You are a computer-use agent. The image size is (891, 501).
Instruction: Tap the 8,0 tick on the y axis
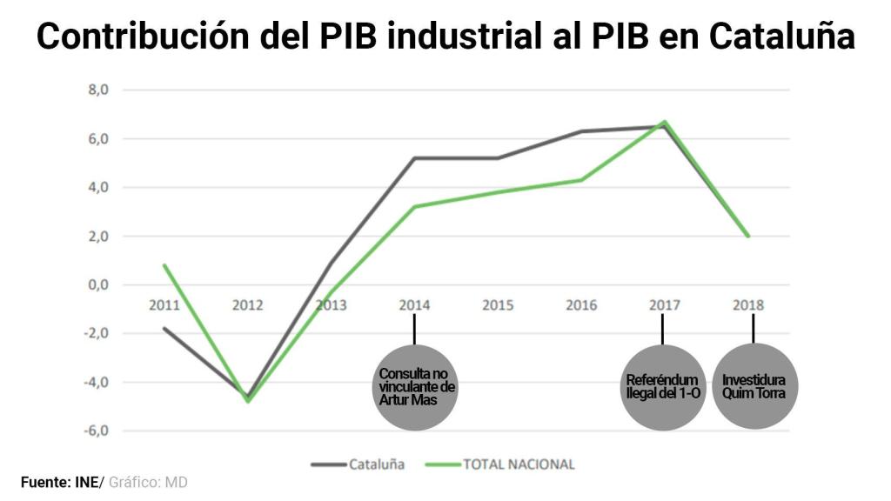pyautogui.click(x=97, y=90)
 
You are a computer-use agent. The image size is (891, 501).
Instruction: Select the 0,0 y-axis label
pyautogui.click(x=97, y=284)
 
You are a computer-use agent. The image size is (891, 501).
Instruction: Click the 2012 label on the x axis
pyautogui.click(x=247, y=305)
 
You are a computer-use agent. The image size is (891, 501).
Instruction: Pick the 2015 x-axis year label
pyautogui.click(x=498, y=305)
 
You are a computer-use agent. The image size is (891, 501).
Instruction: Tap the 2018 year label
pyautogui.click(x=748, y=305)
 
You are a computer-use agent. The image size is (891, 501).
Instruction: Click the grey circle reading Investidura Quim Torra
pyautogui.click(x=754, y=387)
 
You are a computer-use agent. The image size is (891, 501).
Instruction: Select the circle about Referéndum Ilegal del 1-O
pyautogui.click(x=663, y=387)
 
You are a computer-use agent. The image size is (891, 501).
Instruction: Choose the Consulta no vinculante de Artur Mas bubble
pyautogui.click(x=415, y=386)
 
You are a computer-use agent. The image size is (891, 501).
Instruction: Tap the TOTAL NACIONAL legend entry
pyautogui.click(x=519, y=464)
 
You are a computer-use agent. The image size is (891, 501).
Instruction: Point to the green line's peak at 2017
pyautogui.click(x=664, y=122)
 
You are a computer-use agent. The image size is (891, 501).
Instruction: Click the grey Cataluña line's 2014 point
pyautogui.click(x=414, y=158)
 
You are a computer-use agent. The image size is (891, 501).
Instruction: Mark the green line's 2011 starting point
pyautogui.click(x=164, y=265)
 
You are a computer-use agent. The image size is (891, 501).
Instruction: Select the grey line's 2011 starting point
pyautogui.click(x=164, y=328)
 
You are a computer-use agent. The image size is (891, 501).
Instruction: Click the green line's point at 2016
pyautogui.click(x=581, y=180)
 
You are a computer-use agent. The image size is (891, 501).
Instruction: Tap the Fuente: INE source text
pyautogui.click(x=60, y=482)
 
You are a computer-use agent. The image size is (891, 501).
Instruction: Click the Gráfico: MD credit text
pyautogui.click(x=148, y=482)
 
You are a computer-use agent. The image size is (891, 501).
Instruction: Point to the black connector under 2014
pyautogui.click(x=414, y=329)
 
